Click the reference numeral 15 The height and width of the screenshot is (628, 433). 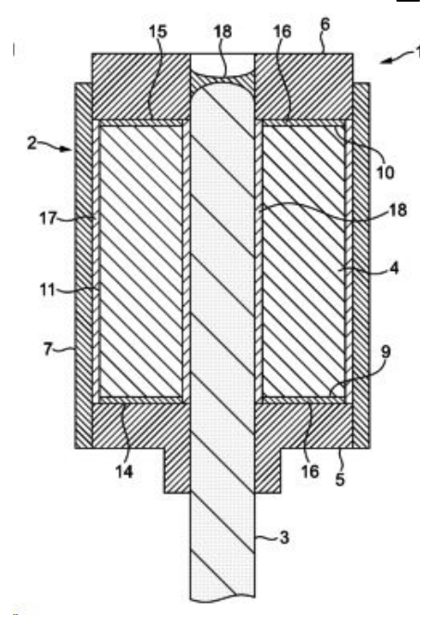(158, 32)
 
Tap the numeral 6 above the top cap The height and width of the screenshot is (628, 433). (325, 24)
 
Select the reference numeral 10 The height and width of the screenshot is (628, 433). (385, 173)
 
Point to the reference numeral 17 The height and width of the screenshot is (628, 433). (48, 218)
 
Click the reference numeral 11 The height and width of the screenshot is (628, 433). (47, 289)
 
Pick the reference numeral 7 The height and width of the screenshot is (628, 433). (47, 349)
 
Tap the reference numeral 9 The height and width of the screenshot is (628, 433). (386, 352)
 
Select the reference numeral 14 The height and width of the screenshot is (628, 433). (124, 471)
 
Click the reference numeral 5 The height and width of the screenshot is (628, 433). (339, 479)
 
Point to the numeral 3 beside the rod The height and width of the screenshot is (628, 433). (284, 537)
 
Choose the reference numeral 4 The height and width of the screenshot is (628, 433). (394, 268)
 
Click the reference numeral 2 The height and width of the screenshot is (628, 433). (32, 143)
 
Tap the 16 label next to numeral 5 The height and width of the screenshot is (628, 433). (310, 471)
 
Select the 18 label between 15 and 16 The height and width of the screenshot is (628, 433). (223, 32)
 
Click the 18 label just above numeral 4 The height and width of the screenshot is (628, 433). (398, 210)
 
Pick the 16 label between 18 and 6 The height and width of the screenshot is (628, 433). (282, 32)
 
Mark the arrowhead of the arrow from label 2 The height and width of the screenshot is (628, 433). (68, 149)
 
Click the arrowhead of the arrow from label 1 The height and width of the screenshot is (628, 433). (384, 61)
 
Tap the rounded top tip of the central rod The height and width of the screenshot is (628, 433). (223, 85)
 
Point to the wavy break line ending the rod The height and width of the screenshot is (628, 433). (223, 599)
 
